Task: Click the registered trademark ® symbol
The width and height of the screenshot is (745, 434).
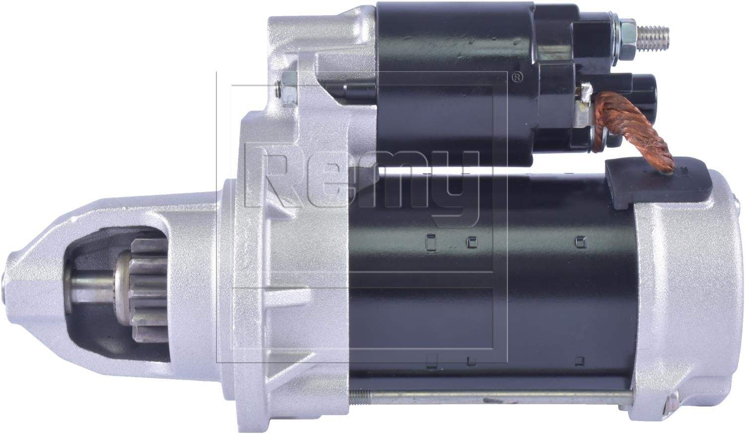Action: coord(517,78)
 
